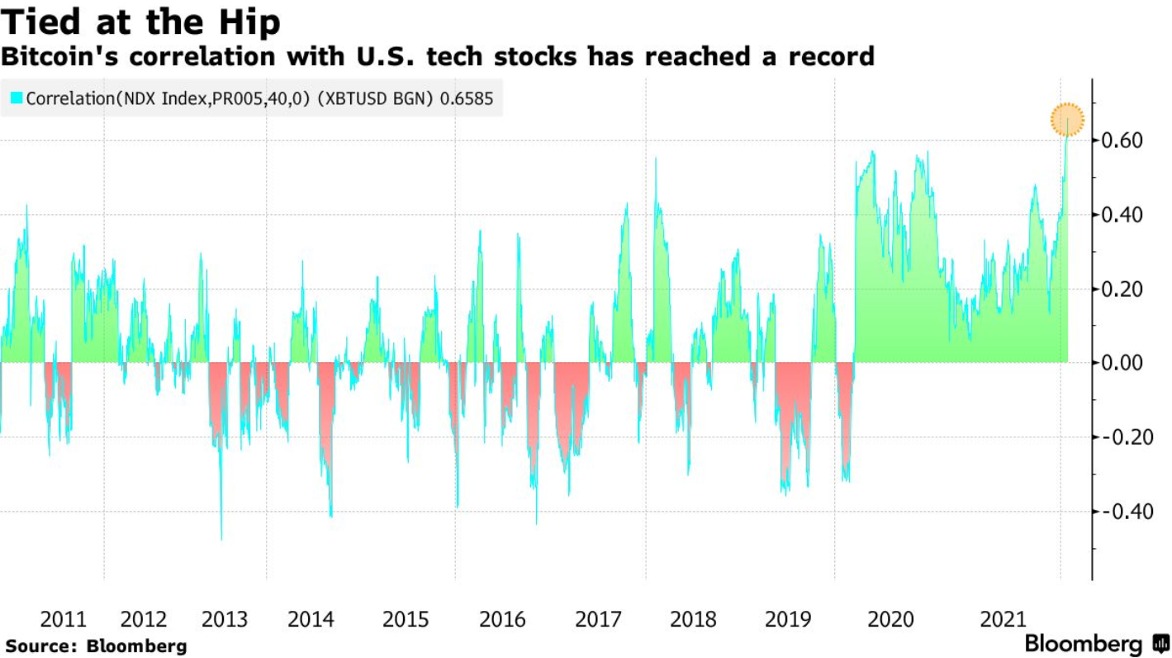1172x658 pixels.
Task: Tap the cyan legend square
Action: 16,98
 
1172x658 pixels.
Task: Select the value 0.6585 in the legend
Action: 467,98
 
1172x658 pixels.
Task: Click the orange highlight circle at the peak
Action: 1066,119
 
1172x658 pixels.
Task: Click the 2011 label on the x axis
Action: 64,619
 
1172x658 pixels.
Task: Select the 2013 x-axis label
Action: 225,619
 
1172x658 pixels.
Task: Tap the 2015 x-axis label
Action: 406,619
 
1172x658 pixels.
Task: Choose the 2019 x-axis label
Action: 789,619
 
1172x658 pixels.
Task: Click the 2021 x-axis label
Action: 1002,619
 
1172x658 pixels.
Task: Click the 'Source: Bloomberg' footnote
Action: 97,646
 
